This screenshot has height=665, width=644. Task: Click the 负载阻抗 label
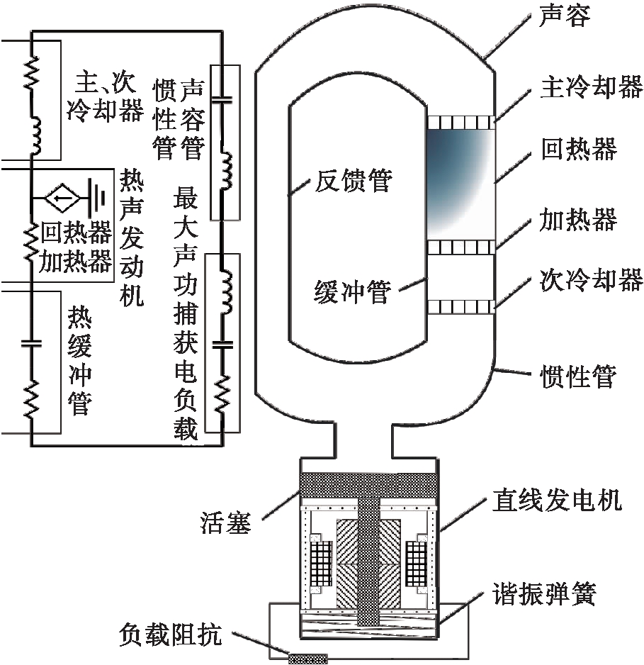click(171, 636)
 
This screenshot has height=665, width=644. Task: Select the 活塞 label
click(226, 527)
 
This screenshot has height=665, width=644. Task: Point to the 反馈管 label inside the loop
click(351, 181)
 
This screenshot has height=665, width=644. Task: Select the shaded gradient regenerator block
click(461, 184)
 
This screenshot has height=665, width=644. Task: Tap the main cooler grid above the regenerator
click(461, 123)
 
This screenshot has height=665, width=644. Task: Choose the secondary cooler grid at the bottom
click(461, 307)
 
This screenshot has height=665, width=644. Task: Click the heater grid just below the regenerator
click(461, 246)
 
